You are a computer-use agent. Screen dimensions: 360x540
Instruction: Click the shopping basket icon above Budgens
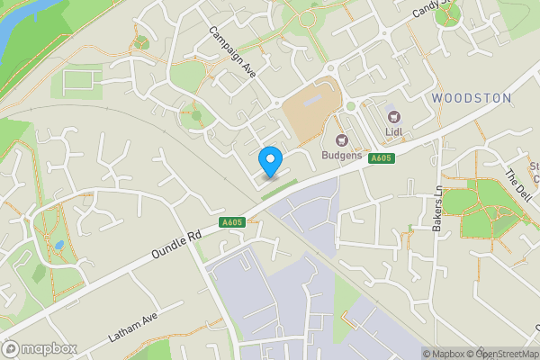342,139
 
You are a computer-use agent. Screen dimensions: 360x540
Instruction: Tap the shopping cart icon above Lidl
392,115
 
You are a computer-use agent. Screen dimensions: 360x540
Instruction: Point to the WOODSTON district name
471,97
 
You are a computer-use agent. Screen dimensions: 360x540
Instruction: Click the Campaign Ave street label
232,50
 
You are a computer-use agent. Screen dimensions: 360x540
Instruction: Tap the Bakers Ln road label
437,209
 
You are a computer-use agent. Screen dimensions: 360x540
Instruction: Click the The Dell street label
518,184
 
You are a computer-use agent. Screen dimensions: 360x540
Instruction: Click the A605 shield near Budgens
382,158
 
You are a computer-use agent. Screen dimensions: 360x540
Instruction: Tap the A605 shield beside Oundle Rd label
230,222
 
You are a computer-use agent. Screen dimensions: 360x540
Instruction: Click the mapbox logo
40,348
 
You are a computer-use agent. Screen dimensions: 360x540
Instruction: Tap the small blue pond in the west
58,245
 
